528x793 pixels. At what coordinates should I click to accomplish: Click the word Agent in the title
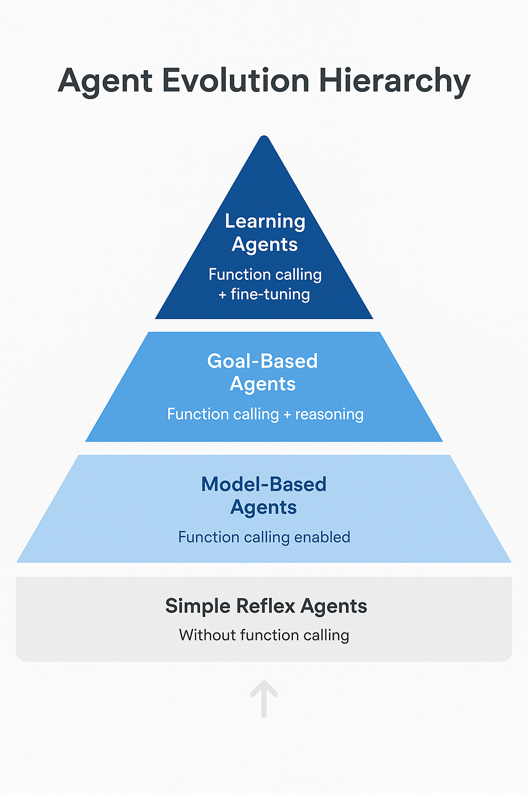click(x=105, y=82)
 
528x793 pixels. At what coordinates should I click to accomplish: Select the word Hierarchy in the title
click(x=394, y=82)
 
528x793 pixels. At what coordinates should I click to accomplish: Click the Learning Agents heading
click(x=265, y=232)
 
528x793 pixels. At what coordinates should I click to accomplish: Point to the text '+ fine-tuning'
click(x=265, y=294)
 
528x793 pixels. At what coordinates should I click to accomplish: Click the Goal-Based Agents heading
click(x=262, y=372)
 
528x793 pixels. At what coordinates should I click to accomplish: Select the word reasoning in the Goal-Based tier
click(x=329, y=414)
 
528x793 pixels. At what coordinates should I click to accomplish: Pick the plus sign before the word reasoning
click(x=287, y=415)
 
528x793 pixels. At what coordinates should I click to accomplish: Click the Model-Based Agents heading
click(x=263, y=496)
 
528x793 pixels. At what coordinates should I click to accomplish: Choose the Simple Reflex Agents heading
click(x=266, y=606)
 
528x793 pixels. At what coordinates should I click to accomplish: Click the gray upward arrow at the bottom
click(x=264, y=698)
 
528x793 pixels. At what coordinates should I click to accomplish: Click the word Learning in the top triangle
click(x=265, y=221)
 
